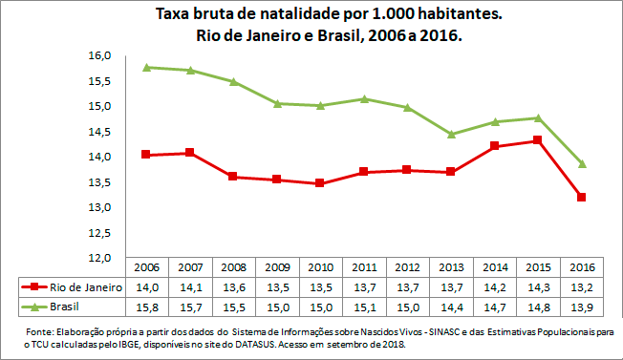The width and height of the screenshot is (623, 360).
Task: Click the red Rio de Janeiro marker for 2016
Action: click(x=580, y=197)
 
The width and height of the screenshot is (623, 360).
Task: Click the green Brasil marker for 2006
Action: click(x=146, y=68)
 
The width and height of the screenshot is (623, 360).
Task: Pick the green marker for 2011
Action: click(x=363, y=98)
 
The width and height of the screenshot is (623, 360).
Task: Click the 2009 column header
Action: click(x=276, y=266)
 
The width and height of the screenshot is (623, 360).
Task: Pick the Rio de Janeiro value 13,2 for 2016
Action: click(x=580, y=286)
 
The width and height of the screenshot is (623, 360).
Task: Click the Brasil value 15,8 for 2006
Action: click(x=146, y=306)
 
